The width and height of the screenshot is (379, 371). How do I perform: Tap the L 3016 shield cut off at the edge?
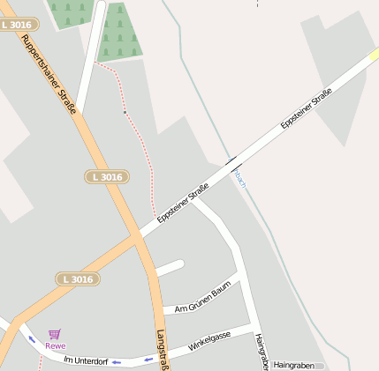click(15, 25)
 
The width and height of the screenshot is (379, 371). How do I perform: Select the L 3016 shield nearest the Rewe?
click(77, 278)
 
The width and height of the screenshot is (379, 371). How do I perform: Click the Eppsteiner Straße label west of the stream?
click(183, 203)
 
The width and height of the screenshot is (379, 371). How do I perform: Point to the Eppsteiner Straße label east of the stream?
click(306, 109)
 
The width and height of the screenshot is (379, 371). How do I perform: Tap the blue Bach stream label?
click(239, 179)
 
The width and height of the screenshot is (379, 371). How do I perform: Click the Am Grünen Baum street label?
click(202, 302)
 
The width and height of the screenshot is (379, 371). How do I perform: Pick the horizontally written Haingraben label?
click(294, 365)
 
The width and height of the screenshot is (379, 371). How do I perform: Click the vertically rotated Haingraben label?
click(261, 352)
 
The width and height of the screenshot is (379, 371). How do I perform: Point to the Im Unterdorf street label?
click(86, 360)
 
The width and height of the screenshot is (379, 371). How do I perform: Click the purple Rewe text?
click(55, 345)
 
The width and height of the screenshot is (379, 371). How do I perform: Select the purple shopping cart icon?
click(55, 334)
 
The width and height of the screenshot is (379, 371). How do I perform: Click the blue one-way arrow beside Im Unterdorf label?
click(116, 362)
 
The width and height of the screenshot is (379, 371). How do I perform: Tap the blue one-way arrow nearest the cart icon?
click(33, 339)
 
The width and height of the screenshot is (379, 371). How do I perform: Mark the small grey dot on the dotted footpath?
click(125, 113)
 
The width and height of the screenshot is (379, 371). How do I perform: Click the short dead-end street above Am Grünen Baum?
click(170, 266)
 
